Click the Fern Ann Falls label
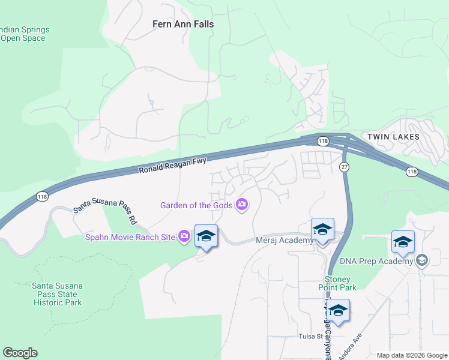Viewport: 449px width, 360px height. pos(182,25)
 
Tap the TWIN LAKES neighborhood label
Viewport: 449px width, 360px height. pos(393,137)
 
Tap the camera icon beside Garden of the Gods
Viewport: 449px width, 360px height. pos(242,205)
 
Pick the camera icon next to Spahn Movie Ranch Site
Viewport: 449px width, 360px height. pos(184,236)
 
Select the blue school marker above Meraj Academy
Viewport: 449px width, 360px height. pos(322,230)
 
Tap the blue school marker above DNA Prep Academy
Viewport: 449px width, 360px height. pos(403,242)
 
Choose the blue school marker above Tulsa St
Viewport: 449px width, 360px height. pos(338,311)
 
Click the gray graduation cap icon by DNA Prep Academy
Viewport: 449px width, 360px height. pos(422,260)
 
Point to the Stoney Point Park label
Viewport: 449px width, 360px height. pos(340,283)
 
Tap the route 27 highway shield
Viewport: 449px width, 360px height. pos(344,166)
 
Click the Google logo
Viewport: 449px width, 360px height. pos(20,353)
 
